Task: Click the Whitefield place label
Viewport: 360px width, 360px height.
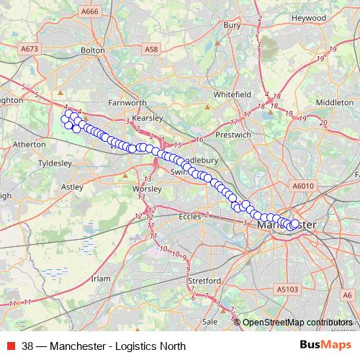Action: coord(232,94)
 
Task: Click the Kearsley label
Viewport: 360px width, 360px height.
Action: coord(150,116)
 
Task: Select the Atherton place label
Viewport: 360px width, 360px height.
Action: coord(30,144)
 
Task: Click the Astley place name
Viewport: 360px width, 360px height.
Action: coord(73,186)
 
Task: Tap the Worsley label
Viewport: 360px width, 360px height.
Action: coord(147,189)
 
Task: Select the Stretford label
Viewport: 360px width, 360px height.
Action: coord(202,280)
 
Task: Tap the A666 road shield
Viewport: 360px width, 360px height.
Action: coord(91,12)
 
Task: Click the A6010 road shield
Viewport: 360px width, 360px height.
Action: coord(304,186)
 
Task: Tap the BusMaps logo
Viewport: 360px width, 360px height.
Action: coord(325,346)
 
